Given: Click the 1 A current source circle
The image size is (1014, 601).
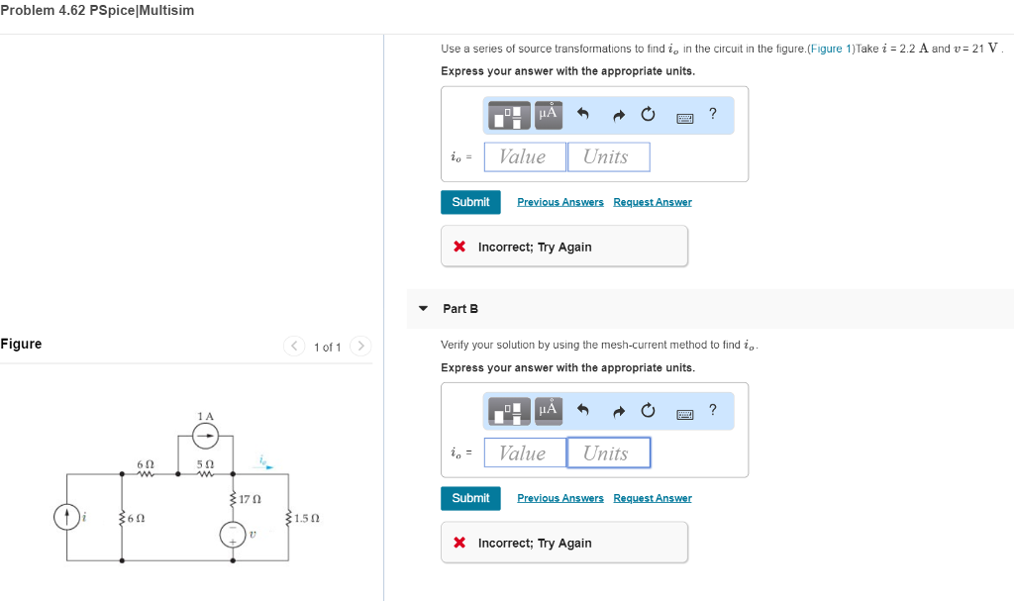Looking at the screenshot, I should pyautogui.click(x=205, y=434).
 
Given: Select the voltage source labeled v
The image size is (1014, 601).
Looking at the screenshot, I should pyautogui.click(x=233, y=534).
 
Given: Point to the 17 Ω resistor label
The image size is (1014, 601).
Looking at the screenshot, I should pyautogui.click(x=250, y=498).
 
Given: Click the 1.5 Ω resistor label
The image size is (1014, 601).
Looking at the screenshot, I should pyautogui.click(x=305, y=518).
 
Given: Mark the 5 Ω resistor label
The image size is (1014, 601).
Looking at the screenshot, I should pyautogui.click(x=205, y=463).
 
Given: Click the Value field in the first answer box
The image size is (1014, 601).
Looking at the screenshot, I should pyautogui.click(x=524, y=156).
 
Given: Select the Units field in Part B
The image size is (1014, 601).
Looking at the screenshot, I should pyautogui.click(x=608, y=452).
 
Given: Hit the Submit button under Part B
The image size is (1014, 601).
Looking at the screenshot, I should pyautogui.click(x=470, y=498).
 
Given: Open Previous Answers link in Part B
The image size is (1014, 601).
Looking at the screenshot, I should pyautogui.click(x=559, y=498).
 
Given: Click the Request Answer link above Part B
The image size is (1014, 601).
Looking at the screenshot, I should pyautogui.click(x=652, y=202).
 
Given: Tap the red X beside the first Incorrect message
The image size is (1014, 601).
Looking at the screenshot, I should pyautogui.click(x=459, y=247).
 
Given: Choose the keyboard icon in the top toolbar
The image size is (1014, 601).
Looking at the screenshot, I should pyautogui.click(x=684, y=117).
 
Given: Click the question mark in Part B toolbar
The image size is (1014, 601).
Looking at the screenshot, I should pyautogui.click(x=712, y=410).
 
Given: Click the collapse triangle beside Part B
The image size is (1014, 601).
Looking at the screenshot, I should pyautogui.click(x=424, y=309).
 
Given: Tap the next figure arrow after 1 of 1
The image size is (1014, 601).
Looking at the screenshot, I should pyautogui.click(x=361, y=346).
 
